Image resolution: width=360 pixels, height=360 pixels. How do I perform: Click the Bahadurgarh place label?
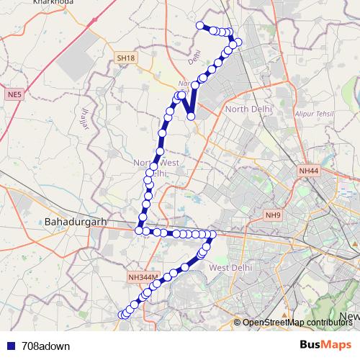pos(75,221)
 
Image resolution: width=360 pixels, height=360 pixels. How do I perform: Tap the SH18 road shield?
pos(125,58)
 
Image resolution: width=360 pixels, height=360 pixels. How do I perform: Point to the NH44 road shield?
pos(308,170)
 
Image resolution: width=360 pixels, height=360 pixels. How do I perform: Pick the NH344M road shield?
pos(143,276)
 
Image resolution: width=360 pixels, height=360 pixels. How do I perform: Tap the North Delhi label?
pos(248,109)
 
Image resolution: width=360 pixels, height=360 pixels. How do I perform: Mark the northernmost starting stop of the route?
pos(199,26)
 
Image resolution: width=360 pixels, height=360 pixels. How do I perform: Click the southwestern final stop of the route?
pos(121,315)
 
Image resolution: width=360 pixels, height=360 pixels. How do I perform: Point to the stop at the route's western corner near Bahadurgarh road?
pos(139,230)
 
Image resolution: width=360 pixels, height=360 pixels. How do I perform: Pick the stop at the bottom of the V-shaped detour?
pos(191,115)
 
